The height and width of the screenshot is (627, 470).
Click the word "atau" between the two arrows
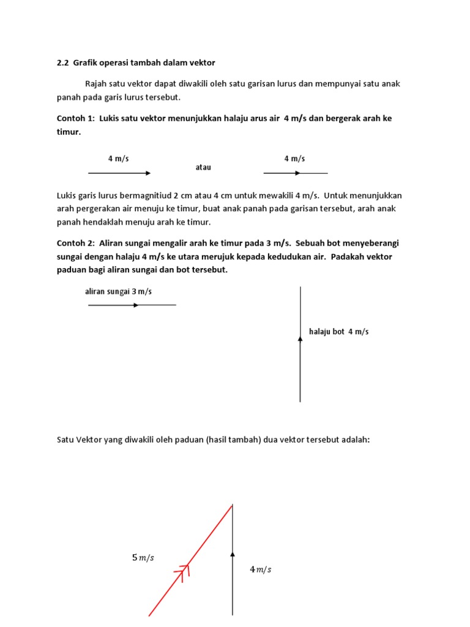pyautogui.click(x=203, y=167)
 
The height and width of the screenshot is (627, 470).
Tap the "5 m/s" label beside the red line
pyautogui.click(x=143, y=557)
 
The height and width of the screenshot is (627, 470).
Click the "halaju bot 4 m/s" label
pyautogui.click(x=339, y=331)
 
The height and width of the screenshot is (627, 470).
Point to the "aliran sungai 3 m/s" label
pyautogui.click(x=118, y=291)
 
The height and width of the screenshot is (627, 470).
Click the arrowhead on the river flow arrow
pyautogui.click(x=136, y=305)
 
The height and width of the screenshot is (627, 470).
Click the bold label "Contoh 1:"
pyautogui.click(x=75, y=118)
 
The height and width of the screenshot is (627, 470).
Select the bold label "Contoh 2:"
pyautogui.click(x=75, y=243)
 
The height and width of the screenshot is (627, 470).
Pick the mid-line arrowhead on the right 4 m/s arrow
pyautogui.click(x=297, y=173)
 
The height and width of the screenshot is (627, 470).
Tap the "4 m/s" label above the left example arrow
pyautogui.click(x=119, y=159)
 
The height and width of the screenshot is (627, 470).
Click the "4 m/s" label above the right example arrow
pyautogui.click(x=294, y=159)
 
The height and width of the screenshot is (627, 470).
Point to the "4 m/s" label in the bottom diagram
pyautogui.click(x=260, y=569)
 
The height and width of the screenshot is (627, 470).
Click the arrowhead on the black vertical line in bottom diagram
pyautogui.click(x=233, y=554)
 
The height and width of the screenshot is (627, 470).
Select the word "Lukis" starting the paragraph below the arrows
pyautogui.click(x=66, y=195)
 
